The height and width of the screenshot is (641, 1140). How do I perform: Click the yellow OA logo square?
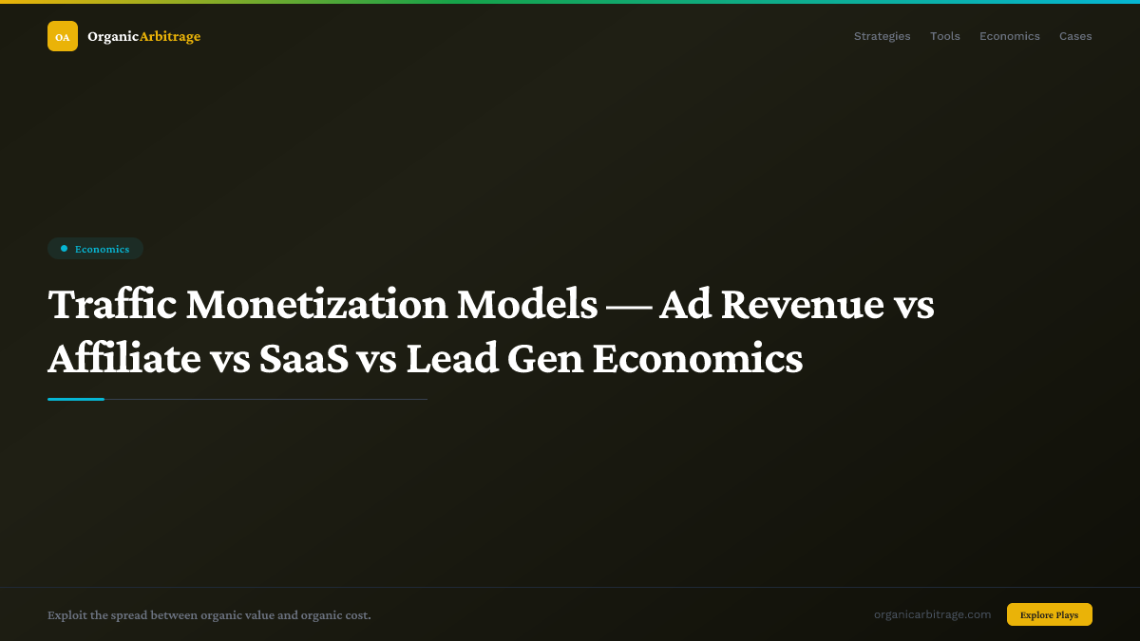pyautogui.click(x=63, y=36)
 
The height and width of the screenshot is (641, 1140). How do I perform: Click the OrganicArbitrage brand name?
pyautogui.click(x=143, y=36)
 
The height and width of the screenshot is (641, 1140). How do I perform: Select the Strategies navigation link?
pyautogui.click(x=882, y=36)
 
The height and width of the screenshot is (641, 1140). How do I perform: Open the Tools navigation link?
pyautogui.click(x=944, y=36)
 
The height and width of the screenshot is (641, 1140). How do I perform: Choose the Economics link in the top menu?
pyautogui.click(x=1009, y=36)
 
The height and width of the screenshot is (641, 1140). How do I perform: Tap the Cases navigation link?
pyautogui.click(x=1075, y=36)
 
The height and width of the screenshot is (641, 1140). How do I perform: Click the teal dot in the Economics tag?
pyautogui.click(x=64, y=249)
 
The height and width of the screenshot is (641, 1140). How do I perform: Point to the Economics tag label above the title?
pyautogui.click(x=102, y=249)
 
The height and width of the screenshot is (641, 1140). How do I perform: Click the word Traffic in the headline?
pyautogui.click(x=111, y=305)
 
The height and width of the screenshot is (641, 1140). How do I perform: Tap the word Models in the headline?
pyautogui.click(x=527, y=305)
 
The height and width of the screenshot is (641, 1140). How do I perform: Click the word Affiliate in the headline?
pyautogui.click(x=124, y=359)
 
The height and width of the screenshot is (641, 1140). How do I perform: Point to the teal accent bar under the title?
pyautogui.click(x=76, y=399)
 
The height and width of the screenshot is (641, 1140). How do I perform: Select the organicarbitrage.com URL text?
pyautogui.click(x=932, y=614)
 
